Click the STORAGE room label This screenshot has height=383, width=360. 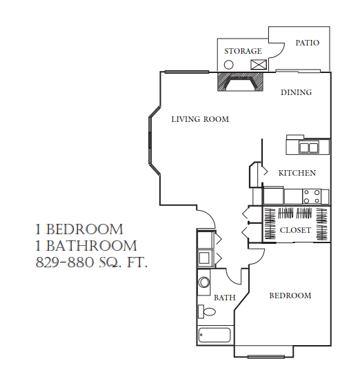(243, 51)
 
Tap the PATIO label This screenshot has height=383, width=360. (308, 43)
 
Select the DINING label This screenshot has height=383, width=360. (297, 92)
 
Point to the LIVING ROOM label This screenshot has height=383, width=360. (200, 119)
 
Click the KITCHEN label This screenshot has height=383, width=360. (297, 173)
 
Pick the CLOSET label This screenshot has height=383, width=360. (295, 230)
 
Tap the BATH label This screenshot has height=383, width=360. (225, 298)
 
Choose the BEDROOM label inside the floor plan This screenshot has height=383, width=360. (290, 296)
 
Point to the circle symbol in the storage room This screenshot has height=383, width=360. (229, 64)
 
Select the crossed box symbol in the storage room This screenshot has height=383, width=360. (259, 64)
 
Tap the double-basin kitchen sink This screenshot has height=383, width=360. (308, 147)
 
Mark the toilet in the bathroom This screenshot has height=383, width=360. (206, 312)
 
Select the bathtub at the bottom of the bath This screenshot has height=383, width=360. (214, 335)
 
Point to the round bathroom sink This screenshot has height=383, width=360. (204, 282)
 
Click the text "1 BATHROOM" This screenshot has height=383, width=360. (86, 246)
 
